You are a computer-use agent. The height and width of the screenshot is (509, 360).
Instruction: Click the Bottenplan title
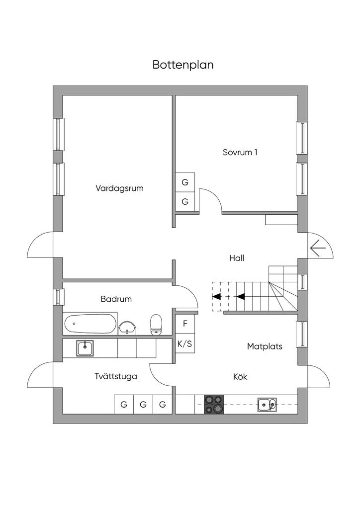pos(183,65)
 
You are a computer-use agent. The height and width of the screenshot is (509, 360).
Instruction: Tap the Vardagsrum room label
pos(119,188)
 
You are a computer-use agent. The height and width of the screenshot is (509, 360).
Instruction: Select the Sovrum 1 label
pos(240,153)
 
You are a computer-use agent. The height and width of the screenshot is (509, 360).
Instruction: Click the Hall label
pos(237,258)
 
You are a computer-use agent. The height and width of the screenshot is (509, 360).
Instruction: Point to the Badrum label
pos(116,299)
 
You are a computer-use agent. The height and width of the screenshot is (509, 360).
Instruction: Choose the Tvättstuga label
pos(115,376)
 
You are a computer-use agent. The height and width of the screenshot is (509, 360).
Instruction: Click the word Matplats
pos(265,346)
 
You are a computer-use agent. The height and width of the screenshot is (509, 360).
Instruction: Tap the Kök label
pos(240,377)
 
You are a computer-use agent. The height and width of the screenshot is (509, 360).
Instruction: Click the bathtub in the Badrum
pos(90,324)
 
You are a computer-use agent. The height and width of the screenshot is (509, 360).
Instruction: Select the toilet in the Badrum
pos(157,324)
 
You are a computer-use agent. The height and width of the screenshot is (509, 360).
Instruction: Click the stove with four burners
pos(214,404)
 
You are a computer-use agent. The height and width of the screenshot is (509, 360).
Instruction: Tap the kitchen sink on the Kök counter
pos(267,405)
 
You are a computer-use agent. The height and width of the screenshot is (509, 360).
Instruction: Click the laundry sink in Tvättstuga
pos(85,347)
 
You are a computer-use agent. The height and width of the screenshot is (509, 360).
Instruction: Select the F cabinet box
pos(185,324)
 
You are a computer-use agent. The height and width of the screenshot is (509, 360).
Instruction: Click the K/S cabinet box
pos(185,343)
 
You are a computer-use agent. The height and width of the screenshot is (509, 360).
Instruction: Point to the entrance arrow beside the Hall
pos(318,247)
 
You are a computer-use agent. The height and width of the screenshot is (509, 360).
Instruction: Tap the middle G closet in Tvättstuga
pos(143,405)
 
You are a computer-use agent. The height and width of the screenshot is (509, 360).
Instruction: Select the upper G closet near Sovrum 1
pos(185,182)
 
